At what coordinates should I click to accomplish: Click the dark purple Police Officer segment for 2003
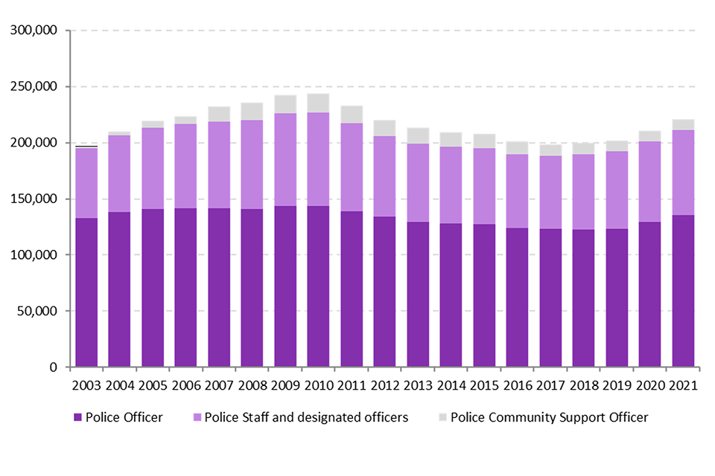86,292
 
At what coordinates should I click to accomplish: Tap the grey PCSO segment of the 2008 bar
252,112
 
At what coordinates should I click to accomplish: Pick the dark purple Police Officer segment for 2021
684,291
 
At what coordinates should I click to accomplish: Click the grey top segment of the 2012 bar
385,128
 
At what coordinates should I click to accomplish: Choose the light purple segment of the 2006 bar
185,166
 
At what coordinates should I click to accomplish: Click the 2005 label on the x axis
153,386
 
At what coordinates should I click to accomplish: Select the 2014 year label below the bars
451,386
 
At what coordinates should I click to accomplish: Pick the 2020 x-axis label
650,386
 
